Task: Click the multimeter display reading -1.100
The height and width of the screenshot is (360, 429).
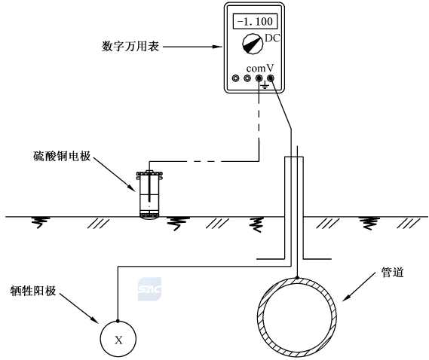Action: [255, 21]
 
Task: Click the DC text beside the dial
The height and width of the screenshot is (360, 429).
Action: [272, 38]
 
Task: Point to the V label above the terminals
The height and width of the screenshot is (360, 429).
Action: [270, 67]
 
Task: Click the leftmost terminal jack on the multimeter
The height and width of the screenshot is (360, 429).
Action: [235, 78]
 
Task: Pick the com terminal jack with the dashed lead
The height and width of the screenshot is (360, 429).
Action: [259, 78]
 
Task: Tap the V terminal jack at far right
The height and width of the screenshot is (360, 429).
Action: [271, 78]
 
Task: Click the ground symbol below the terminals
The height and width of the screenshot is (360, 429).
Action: [265, 86]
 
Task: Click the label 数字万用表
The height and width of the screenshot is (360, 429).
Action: [130, 47]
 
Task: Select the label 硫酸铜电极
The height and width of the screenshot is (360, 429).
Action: [62, 156]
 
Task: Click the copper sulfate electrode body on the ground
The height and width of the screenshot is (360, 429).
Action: [149, 194]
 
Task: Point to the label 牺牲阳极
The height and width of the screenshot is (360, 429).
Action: [33, 291]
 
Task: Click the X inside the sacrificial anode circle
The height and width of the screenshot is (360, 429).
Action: [118, 340]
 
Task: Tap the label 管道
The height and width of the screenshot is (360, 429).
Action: [393, 272]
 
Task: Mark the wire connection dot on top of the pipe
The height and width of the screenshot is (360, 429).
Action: [297, 278]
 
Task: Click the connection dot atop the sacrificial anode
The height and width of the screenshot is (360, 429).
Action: [118, 321]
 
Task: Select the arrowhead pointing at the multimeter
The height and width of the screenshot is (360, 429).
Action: [218, 47]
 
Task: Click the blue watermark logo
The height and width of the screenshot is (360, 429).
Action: [149, 289]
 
